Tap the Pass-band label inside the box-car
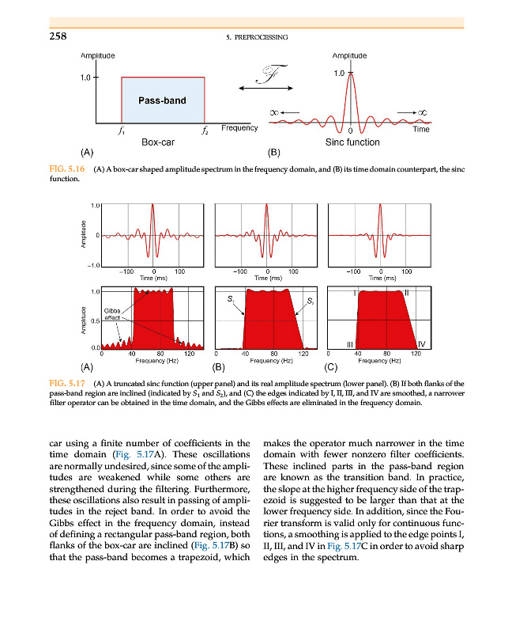click(163, 100)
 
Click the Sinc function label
click(352, 142)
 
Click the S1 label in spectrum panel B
click(230, 300)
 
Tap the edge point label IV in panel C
click(422, 344)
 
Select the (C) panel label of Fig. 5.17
click(331, 367)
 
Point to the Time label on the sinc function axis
click(421, 129)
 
